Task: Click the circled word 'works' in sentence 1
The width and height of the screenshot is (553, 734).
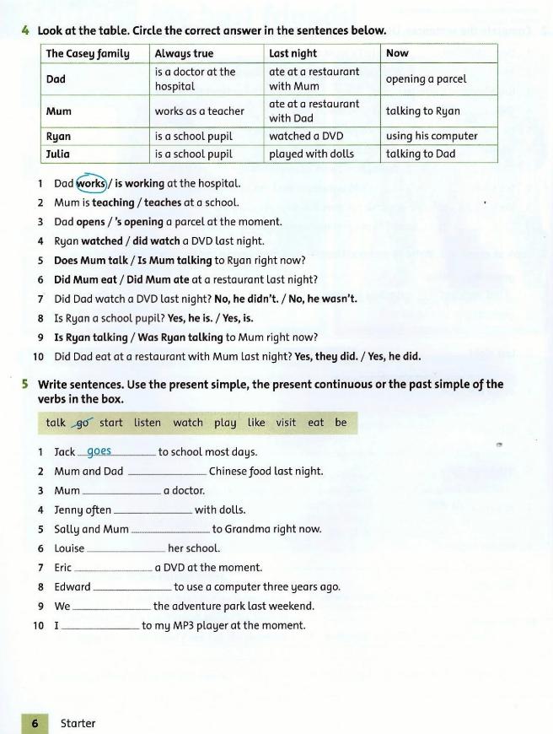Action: click(x=91, y=183)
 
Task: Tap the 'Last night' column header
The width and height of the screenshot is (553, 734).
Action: click(x=293, y=53)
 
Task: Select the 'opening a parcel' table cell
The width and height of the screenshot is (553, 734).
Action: click(x=426, y=79)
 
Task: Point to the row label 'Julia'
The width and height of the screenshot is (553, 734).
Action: click(x=58, y=154)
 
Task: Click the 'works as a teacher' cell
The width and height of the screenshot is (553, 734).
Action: click(x=199, y=111)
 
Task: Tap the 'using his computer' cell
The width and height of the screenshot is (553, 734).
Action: click(x=432, y=136)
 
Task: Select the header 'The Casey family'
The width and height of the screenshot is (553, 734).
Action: click(x=88, y=53)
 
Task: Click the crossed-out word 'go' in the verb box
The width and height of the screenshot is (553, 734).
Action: click(x=83, y=423)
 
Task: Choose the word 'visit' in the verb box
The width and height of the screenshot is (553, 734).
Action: click(x=286, y=423)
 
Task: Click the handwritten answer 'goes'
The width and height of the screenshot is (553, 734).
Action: click(x=99, y=451)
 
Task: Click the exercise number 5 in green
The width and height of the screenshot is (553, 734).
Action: click(x=25, y=384)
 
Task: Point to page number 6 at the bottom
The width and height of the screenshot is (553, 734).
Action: click(x=35, y=723)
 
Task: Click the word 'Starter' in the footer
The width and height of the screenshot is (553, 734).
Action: click(x=78, y=723)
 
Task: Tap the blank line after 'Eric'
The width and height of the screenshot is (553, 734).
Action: click(x=114, y=569)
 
